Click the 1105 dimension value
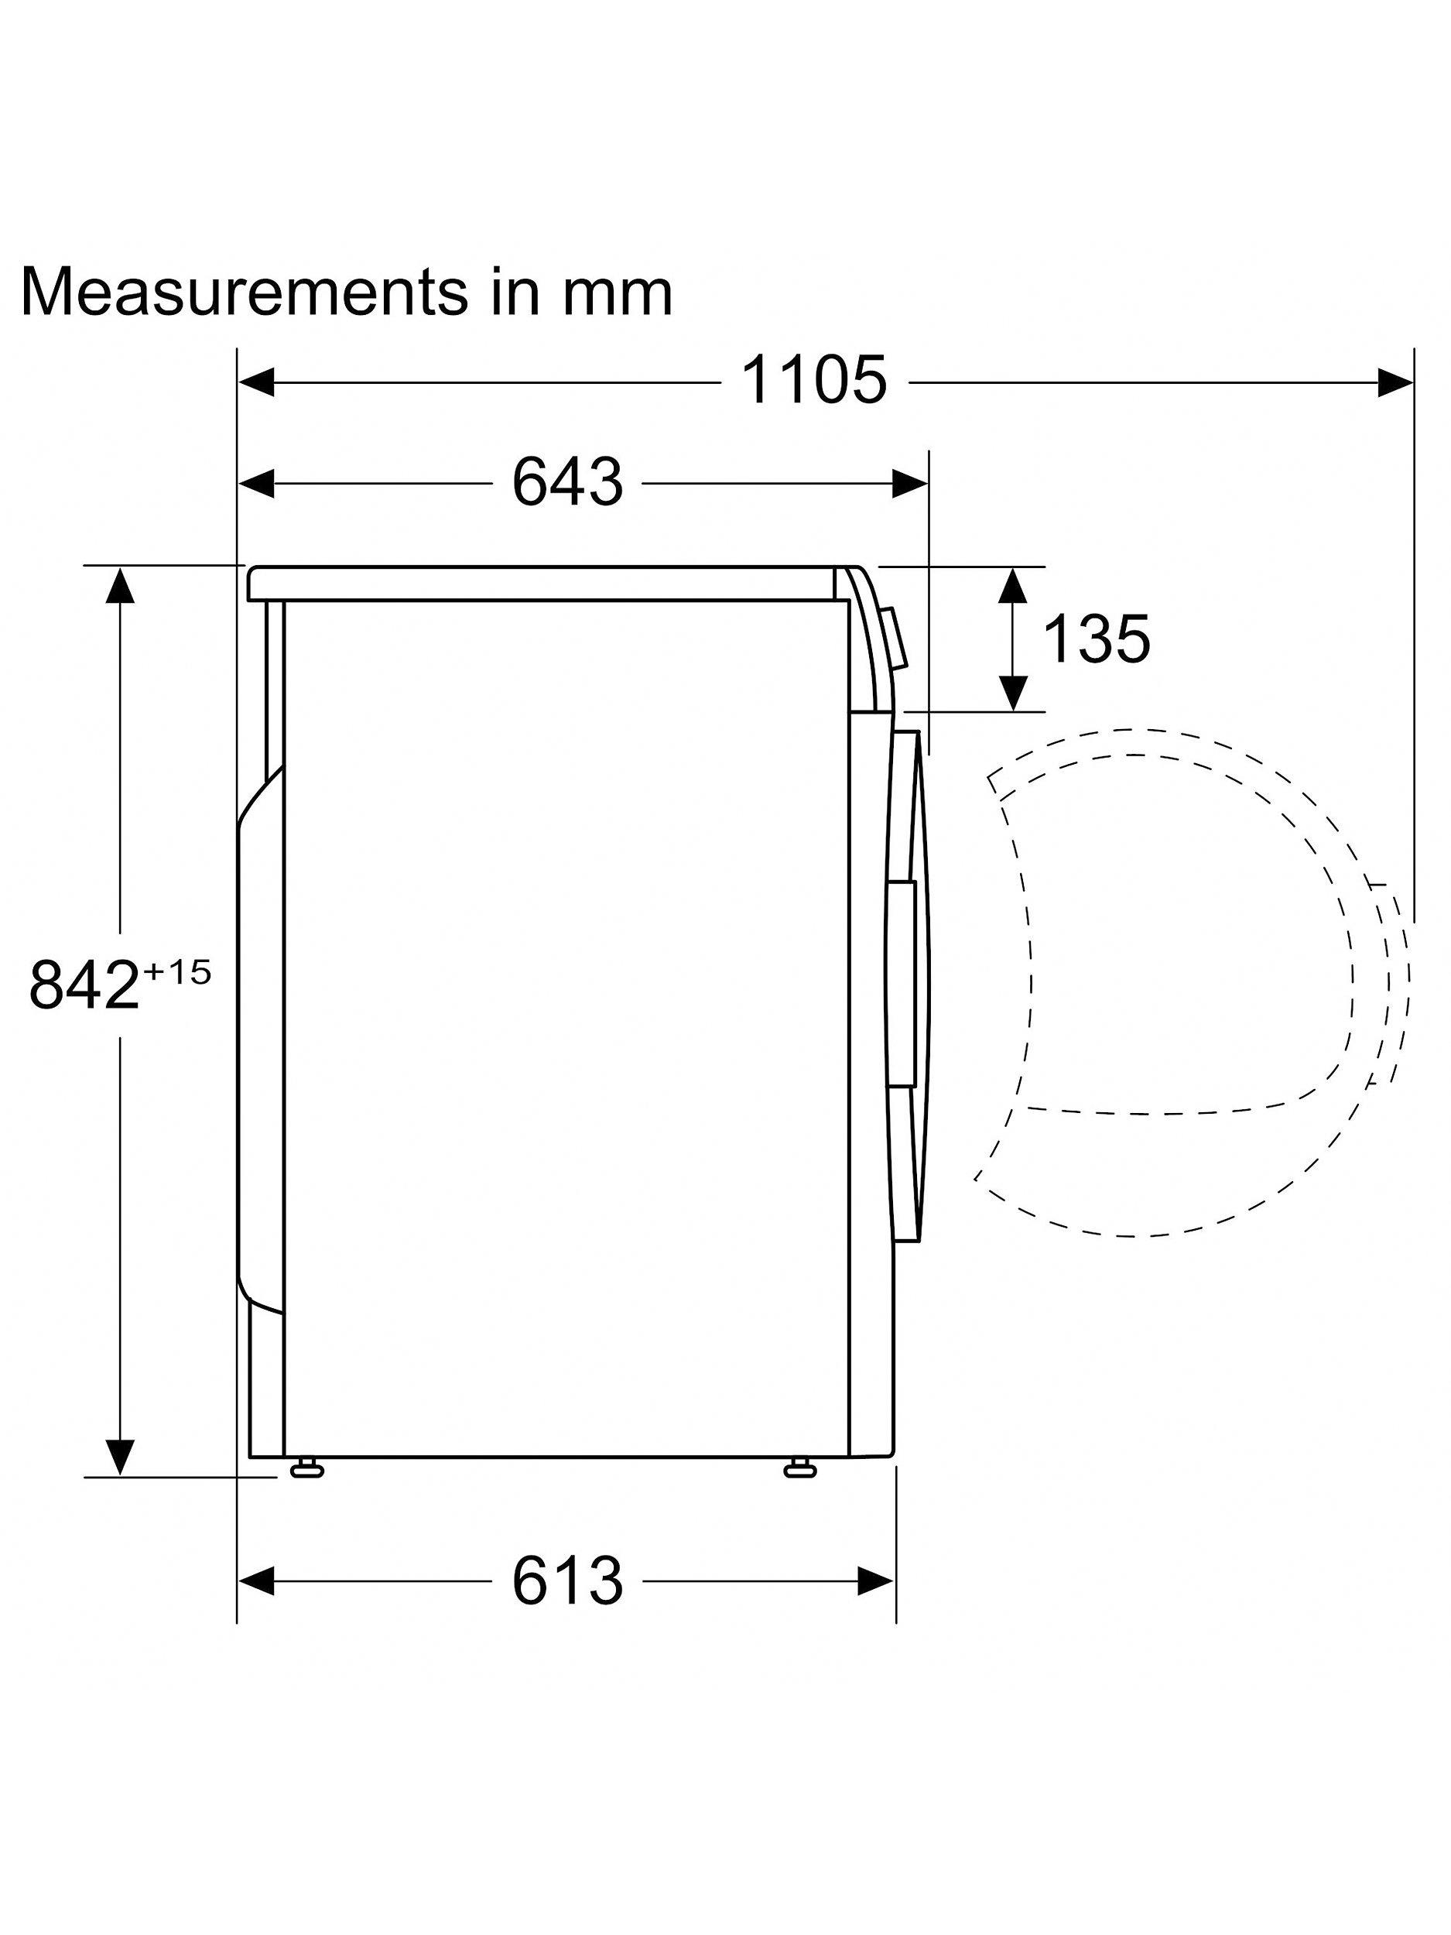tap(813, 381)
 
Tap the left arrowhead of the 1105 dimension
tap(256, 382)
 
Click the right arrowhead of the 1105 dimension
tap(1395, 382)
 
